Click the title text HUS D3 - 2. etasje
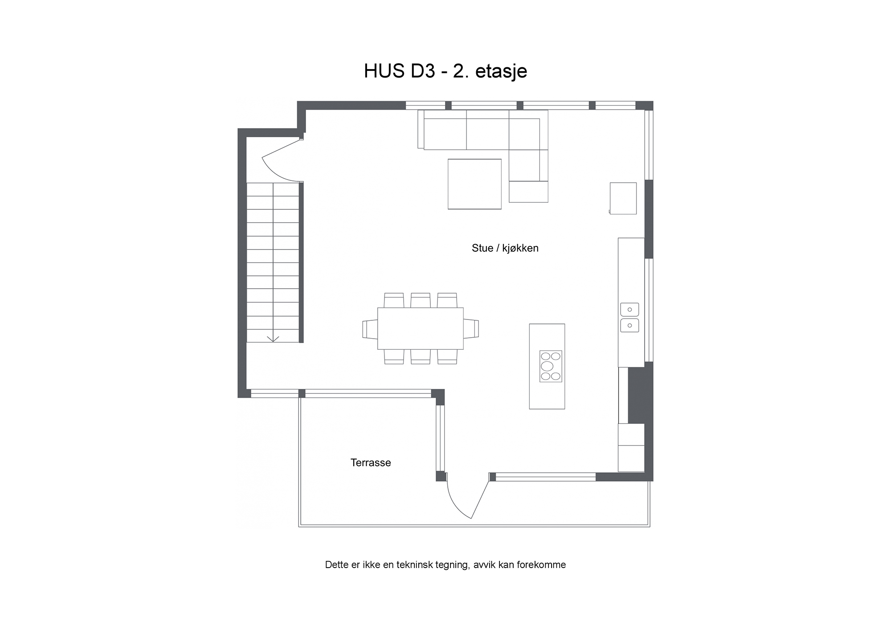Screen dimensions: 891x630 point(445,71)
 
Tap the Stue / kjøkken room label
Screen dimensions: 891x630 point(505,248)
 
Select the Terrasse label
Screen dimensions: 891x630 point(371,462)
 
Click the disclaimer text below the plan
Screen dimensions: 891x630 point(445,565)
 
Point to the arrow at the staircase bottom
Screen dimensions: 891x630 point(273,338)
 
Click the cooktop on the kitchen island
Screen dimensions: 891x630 point(551,366)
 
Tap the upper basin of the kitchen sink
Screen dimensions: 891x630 point(629,309)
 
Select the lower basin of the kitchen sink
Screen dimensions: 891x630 point(629,325)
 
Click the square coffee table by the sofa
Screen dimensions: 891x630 point(474,184)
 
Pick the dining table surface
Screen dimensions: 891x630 point(421,328)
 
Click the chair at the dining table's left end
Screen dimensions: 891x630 point(370,329)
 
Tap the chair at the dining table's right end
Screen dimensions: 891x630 point(471,328)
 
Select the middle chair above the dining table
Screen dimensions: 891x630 point(421,300)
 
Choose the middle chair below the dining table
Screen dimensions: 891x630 point(421,357)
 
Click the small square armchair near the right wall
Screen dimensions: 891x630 point(623,198)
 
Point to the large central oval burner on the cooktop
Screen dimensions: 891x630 point(547,366)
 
